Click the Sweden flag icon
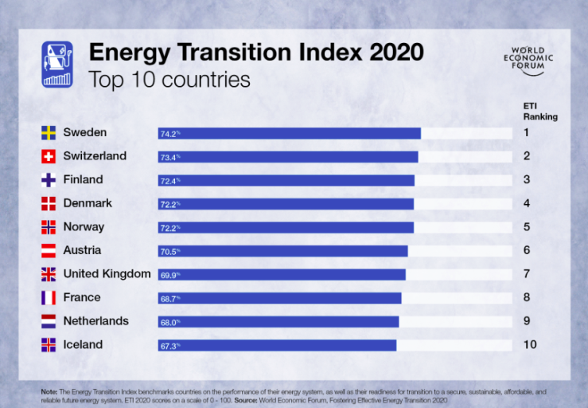pos(49,132)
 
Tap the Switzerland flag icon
pos(49,156)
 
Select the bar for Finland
pos(286,180)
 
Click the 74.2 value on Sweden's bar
pos(170,134)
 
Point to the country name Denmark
pos(88,203)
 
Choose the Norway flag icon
pos(49,227)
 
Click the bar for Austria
pos(283,251)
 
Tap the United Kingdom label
pos(107,274)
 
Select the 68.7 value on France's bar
pos(170,298)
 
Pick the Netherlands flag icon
pos(49,321)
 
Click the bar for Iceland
pos(277,345)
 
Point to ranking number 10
pos(530,345)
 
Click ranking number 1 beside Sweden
pos(527,132)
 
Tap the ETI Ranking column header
pos(539,111)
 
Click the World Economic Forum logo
pos(533,61)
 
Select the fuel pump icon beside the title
pos(56,64)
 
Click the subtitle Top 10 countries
pos(169,80)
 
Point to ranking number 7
pos(527,274)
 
